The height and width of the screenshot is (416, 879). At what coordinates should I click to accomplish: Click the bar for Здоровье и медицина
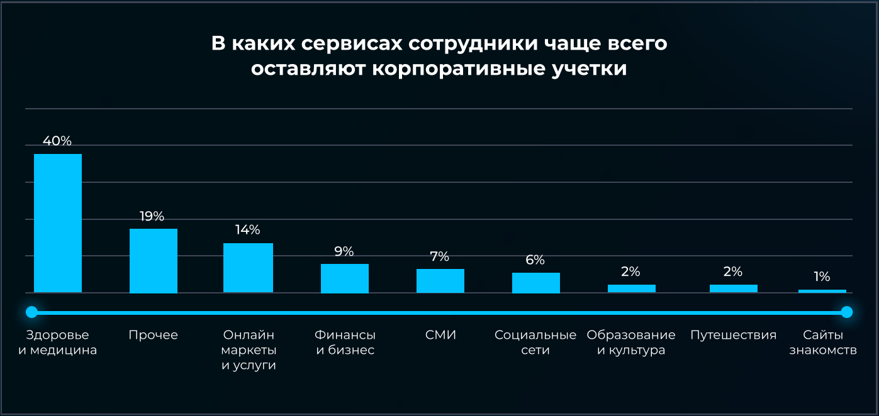pyautogui.click(x=58, y=223)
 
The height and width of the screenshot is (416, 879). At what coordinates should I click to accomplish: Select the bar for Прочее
pyautogui.click(x=154, y=261)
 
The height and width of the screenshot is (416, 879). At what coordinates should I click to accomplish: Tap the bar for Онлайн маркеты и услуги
pyautogui.click(x=248, y=268)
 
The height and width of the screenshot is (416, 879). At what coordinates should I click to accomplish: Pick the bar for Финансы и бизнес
pyautogui.click(x=345, y=278)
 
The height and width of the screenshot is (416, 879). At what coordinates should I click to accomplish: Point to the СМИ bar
pyautogui.click(x=440, y=281)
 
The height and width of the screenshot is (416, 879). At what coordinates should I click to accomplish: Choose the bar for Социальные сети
pyautogui.click(x=536, y=283)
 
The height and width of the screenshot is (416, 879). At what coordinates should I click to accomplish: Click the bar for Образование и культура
pyautogui.click(x=631, y=288)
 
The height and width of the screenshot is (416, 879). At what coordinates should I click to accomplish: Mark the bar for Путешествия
pyautogui.click(x=734, y=288)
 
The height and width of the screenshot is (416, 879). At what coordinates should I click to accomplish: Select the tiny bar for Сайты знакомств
pyautogui.click(x=822, y=292)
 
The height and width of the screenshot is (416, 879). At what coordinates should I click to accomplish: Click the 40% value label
pyautogui.click(x=57, y=141)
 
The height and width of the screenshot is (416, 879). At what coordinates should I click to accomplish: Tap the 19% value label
pyautogui.click(x=152, y=216)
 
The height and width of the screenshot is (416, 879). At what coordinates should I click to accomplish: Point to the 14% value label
pyautogui.click(x=247, y=230)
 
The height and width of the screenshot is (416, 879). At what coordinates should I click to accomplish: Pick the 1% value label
pyautogui.click(x=822, y=276)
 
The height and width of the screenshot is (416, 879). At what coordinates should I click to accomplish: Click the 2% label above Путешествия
pyautogui.click(x=732, y=271)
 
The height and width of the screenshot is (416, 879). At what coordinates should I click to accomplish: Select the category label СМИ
pyautogui.click(x=440, y=335)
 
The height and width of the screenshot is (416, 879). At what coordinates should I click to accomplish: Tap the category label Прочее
pyautogui.click(x=153, y=335)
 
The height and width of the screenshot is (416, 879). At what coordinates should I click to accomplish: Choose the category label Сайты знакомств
pyautogui.click(x=823, y=342)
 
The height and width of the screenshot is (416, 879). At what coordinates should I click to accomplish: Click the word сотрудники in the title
pyautogui.click(x=473, y=43)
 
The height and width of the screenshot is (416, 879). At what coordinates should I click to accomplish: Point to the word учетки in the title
pyautogui.click(x=589, y=68)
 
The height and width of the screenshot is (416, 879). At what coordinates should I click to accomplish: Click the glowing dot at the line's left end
pyautogui.click(x=31, y=312)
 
